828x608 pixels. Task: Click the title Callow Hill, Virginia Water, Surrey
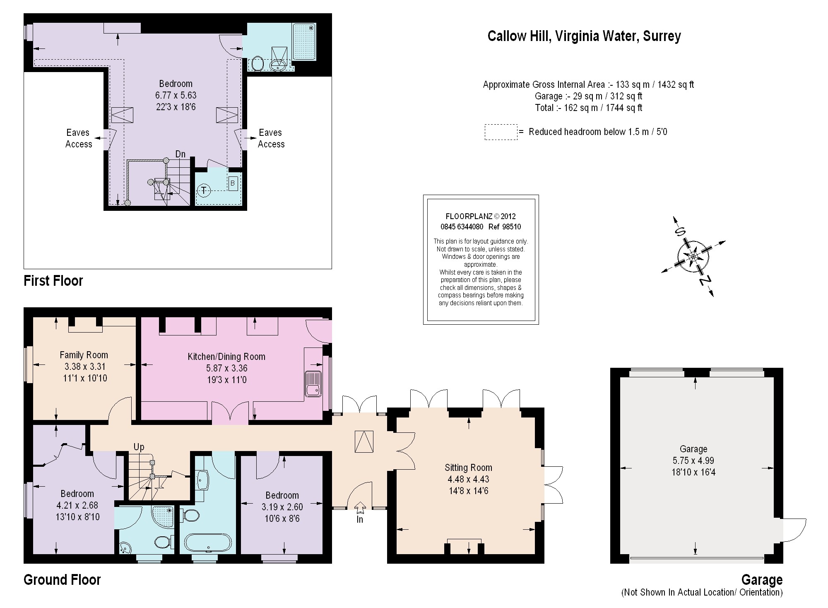pyautogui.click(x=584, y=36)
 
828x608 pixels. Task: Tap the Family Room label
pyautogui.click(x=84, y=355)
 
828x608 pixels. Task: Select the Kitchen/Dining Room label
pyautogui.click(x=226, y=357)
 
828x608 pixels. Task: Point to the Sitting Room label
pyautogui.click(x=468, y=468)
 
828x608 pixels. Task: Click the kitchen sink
pyautogui.click(x=313, y=384)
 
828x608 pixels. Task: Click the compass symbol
pyautogui.click(x=693, y=257)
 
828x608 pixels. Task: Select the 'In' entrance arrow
pyautogui.click(x=360, y=508)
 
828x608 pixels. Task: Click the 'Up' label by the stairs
pyautogui.click(x=139, y=447)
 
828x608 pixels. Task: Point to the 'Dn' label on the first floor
pyautogui.click(x=180, y=154)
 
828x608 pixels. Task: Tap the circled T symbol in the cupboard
pyautogui.click(x=203, y=191)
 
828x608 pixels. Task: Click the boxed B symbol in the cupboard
pyautogui.click(x=233, y=183)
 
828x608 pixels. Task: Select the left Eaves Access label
pyautogui.click(x=78, y=138)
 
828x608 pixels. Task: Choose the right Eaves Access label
pyautogui.click(x=271, y=138)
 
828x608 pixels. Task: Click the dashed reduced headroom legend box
pyautogui.click(x=501, y=132)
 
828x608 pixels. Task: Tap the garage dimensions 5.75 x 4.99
pyautogui.click(x=693, y=461)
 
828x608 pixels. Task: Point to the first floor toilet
pyautogui.click(x=257, y=64)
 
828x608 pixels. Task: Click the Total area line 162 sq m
pyautogui.click(x=588, y=108)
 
